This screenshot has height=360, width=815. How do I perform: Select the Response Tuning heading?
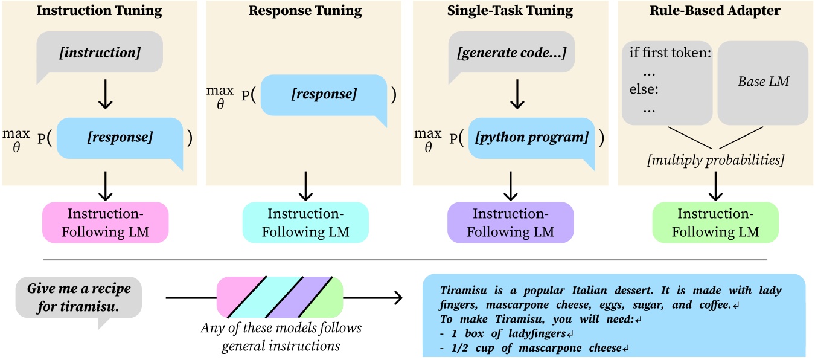pyautogui.click(x=305, y=11)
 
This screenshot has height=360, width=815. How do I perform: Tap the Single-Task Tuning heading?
pyautogui.click(x=511, y=11)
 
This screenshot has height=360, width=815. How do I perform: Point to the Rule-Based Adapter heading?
pyautogui.click(x=715, y=11)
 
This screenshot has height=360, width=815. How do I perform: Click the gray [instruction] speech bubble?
pyautogui.click(x=100, y=53)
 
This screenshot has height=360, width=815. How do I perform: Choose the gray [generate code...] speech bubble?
pyautogui.click(x=512, y=53)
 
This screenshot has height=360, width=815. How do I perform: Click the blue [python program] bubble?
pyautogui.click(x=532, y=138)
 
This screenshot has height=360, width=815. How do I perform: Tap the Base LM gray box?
pyautogui.click(x=763, y=82)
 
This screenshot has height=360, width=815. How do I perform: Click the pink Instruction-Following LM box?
pyautogui.click(x=105, y=222)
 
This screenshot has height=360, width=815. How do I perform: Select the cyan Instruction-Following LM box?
pyautogui.click(x=305, y=222)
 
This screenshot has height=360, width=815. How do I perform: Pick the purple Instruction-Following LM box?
pyautogui.click(x=510, y=222)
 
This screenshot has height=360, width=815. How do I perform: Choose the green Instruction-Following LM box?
pyautogui.click(x=715, y=222)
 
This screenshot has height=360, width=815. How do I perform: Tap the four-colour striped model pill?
pyautogui.click(x=280, y=297)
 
